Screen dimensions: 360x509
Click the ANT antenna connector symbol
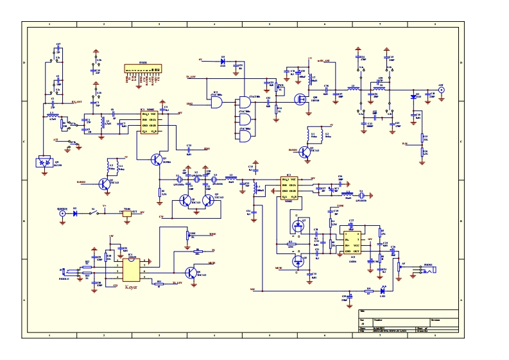pos(440,90)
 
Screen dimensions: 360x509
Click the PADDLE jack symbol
pos(62,272)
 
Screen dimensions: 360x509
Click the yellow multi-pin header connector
pos(139,69)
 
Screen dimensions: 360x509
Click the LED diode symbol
pos(383,289)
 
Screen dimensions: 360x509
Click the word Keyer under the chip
pos(131,287)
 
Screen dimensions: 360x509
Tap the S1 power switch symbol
pos(94,212)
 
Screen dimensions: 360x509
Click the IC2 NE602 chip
pos(288,187)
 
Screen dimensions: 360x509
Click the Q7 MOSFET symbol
pos(297,227)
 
